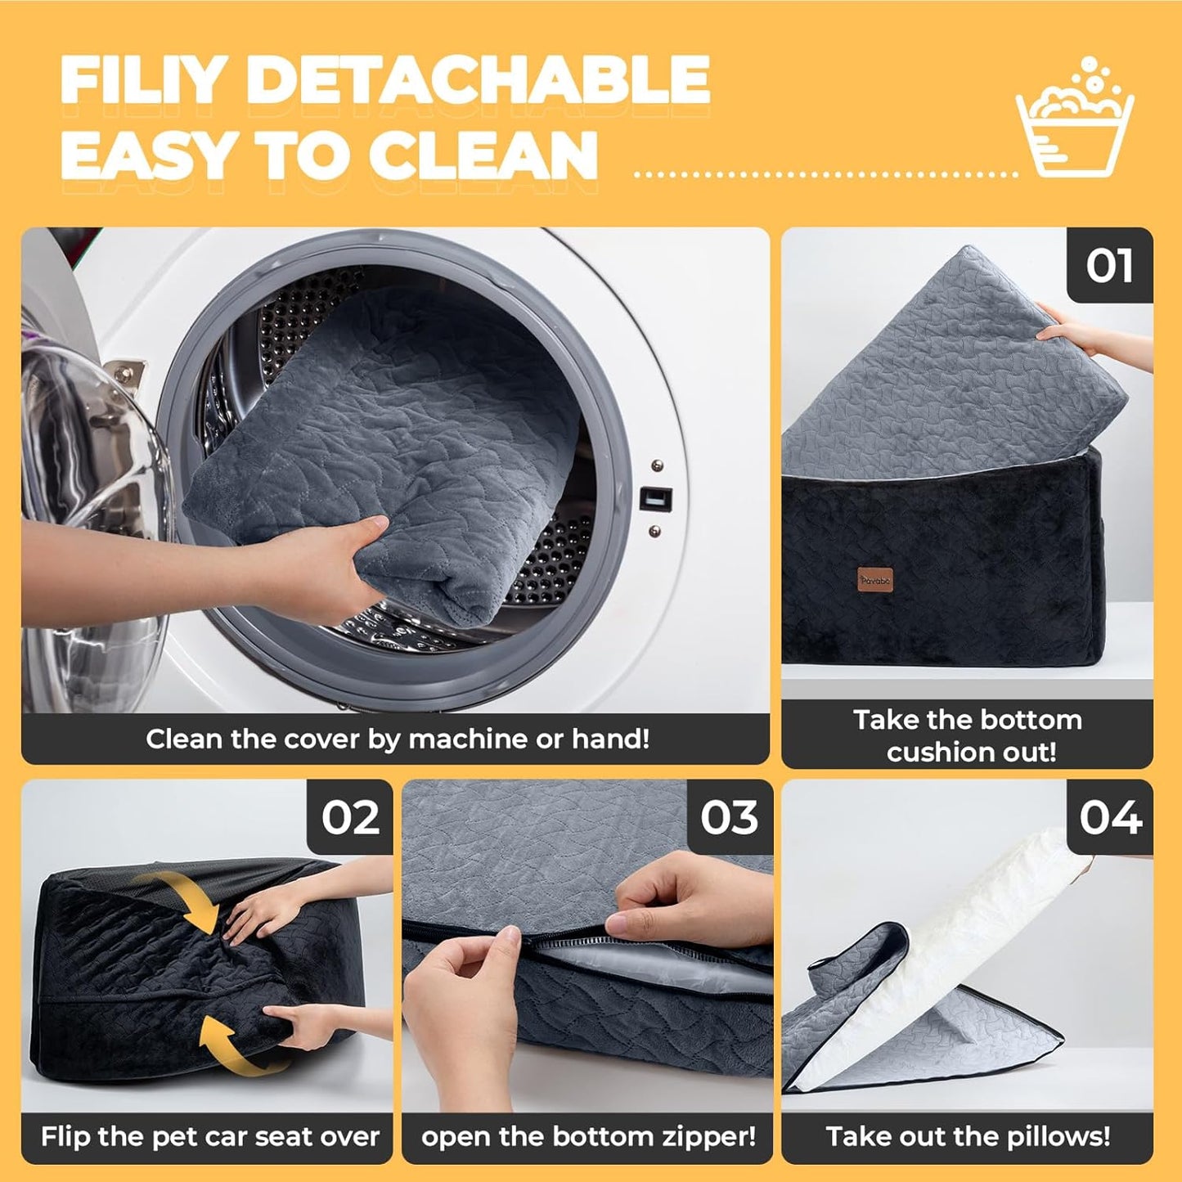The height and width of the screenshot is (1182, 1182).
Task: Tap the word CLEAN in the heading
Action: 483,155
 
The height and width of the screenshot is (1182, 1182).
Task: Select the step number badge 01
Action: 1109,266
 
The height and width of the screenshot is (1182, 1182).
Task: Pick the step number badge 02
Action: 350,817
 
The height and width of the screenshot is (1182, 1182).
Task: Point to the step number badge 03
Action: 730,817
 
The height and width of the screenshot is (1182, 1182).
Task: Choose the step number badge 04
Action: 1110,817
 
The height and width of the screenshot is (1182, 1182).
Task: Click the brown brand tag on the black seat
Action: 875,580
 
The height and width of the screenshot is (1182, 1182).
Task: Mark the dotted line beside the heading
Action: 826,174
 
